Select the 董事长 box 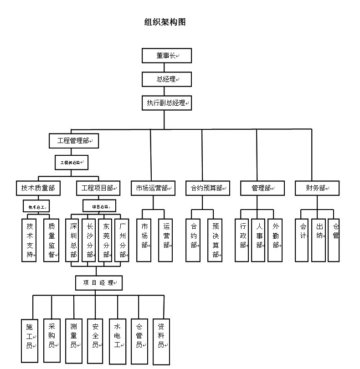pos(166,56)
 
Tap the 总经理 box pos(166,79)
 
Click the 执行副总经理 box pos(166,103)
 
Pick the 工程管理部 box pos(74,140)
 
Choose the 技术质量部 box pos(38,188)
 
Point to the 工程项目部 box pos(98,188)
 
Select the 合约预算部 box pos(207,188)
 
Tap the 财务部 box pos(317,188)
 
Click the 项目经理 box pos(99,283)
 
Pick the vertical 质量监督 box pos(51,240)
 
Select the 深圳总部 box pos(73,240)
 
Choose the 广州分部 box pos(123,240)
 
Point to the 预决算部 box pos(215,240)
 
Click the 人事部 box pos(258,240)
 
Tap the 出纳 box pos(319,240)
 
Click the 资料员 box pos(161,341)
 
